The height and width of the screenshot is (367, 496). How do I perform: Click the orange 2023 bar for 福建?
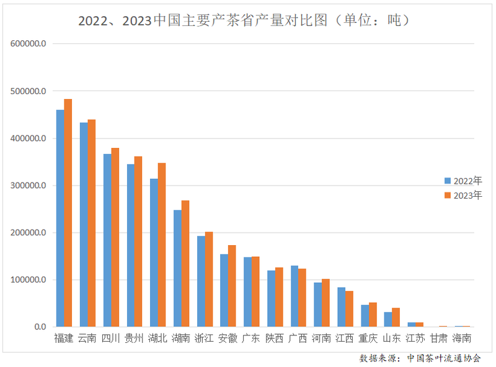click(x=68, y=213)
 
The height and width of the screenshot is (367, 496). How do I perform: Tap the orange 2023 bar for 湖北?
click(x=162, y=245)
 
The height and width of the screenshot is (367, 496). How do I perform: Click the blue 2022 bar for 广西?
click(x=294, y=296)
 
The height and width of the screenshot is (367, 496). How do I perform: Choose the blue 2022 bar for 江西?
click(x=341, y=307)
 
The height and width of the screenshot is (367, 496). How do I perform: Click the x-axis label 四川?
click(x=110, y=339)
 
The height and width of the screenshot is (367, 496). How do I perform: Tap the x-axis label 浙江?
click(x=204, y=339)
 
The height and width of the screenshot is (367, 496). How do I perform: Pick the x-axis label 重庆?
click(x=368, y=339)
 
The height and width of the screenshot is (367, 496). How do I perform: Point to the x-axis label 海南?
click(x=461, y=339)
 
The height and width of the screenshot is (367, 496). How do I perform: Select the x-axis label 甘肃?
click(x=438, y=339)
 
